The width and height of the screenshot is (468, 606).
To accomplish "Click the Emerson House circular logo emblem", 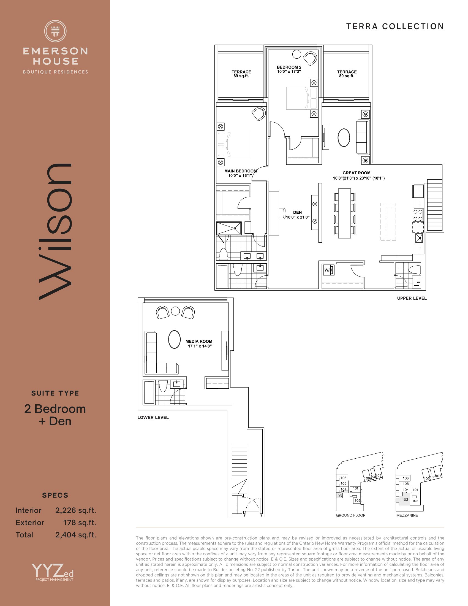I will [55, 31].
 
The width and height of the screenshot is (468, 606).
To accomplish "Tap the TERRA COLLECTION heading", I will [395, 26].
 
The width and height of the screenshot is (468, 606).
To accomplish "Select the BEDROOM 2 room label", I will [289, 69].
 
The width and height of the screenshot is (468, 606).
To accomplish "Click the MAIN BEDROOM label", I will [240, 173].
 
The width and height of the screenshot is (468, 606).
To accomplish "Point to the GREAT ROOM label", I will [358, 175].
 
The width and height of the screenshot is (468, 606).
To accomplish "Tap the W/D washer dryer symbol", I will [328, 270].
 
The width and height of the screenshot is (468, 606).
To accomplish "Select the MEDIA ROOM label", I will [199, 343].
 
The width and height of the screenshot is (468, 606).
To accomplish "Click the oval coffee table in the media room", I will [174, 339].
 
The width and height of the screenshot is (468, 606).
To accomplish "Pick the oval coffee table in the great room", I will [344, 138].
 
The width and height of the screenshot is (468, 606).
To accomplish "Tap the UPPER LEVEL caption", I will [412, 298].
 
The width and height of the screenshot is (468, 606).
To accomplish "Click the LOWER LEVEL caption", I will [153, 417].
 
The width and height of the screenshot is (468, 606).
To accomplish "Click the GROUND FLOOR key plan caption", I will [350, 515].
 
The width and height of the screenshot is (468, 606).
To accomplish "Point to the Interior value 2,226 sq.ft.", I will [75, 510].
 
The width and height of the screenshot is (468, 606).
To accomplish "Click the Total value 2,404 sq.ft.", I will [75, 535].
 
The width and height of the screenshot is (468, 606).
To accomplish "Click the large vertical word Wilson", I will [55, 232].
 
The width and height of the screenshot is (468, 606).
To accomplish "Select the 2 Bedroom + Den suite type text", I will [55, 415].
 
